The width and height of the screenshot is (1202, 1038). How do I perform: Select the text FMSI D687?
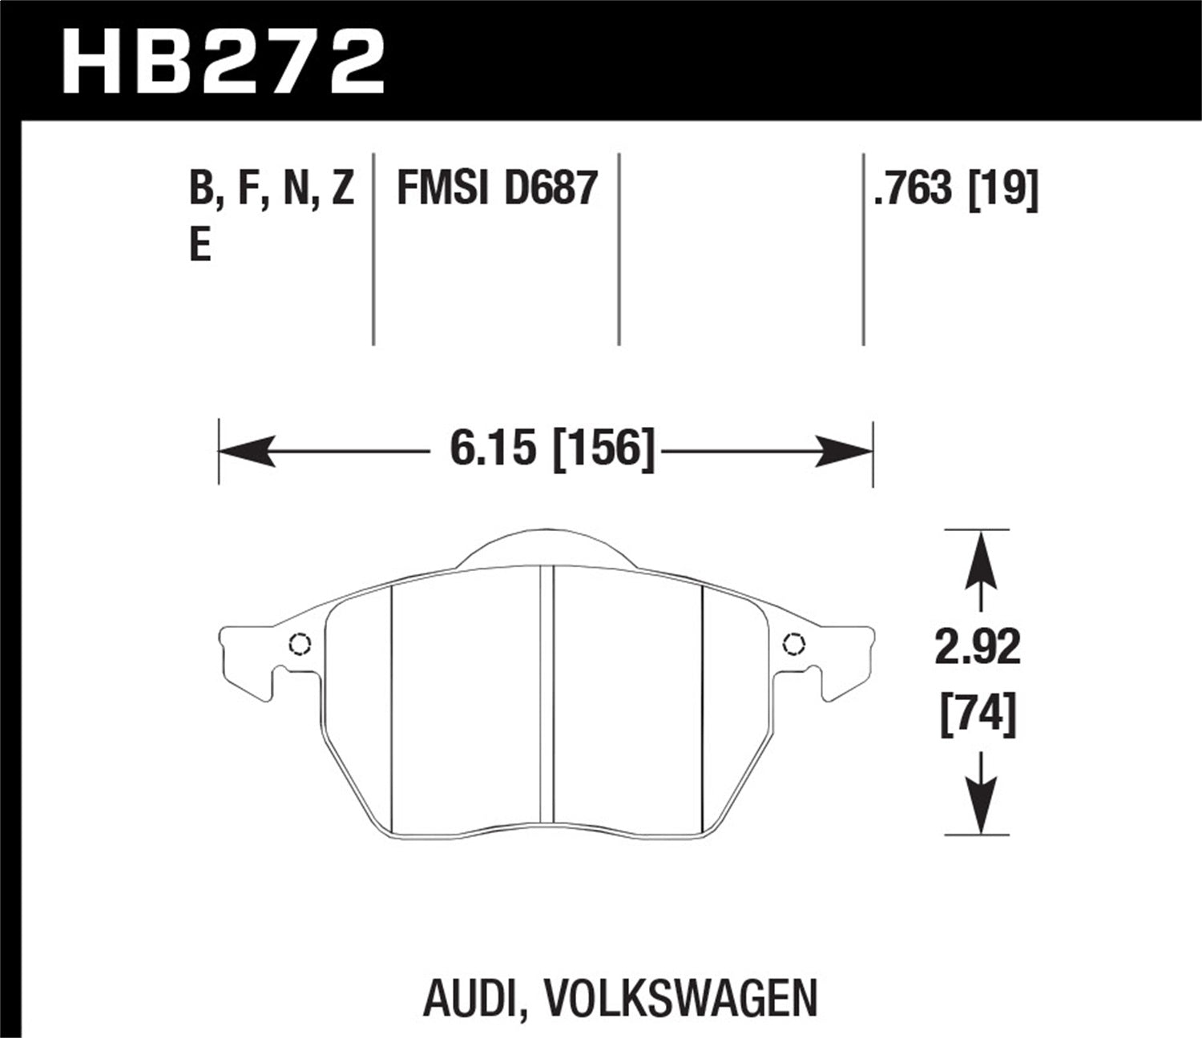point(498,190)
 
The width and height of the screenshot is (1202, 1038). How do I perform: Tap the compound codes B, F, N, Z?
point(272,190)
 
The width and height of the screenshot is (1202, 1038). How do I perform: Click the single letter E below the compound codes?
point(200,244)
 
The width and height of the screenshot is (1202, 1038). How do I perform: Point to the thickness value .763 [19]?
point(956,190)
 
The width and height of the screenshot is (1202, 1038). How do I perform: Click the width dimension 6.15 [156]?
point(552,449)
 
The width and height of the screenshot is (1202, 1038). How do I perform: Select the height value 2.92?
point(978,647)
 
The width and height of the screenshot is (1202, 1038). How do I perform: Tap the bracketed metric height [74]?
point(978,714)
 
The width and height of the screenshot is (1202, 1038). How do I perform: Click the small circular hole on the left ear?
point(300,644)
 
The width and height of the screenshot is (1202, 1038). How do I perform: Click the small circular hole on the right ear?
point(793,644)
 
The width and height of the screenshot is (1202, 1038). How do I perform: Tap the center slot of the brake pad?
point(547,693)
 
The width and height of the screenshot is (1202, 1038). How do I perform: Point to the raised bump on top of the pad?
point(547,549)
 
